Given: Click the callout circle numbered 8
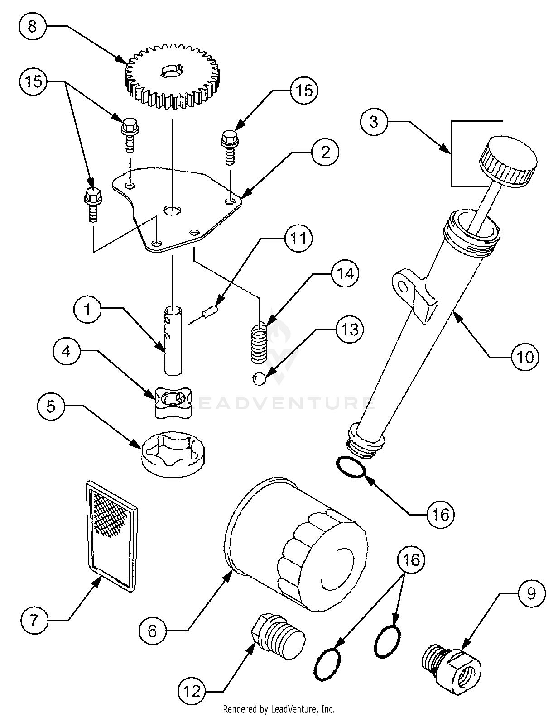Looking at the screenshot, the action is pyautogui.click(x=32, y=26).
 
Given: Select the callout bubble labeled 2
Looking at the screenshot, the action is pyautogui.click(x=325, y=152).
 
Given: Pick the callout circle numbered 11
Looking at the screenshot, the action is pyautogui.click(x=298, y=238).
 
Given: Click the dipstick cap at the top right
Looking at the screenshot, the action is pyautogui.click(x=508, y=160).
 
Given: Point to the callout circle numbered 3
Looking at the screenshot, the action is pyautogui.click(x=374, y=121).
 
